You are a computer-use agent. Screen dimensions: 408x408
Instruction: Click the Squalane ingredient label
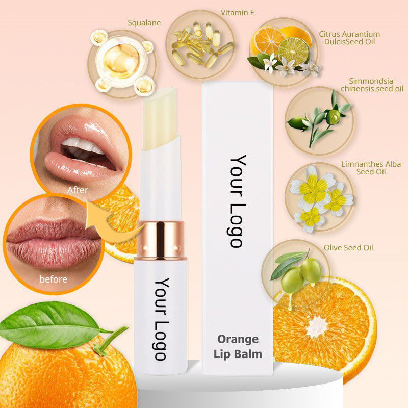pos(144,23)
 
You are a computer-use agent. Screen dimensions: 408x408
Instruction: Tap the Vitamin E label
pos(237,13)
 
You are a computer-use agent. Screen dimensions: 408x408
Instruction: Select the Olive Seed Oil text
pos(348,248)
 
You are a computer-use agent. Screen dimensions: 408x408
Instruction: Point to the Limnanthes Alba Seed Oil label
pos(371,168)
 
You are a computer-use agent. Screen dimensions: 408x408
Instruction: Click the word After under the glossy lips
pos(78,190)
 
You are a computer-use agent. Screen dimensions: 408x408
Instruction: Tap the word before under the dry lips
pos(54,279)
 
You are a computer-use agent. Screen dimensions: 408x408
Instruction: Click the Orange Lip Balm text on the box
pos(238,347)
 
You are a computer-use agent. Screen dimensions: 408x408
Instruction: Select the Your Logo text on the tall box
pos(238,201)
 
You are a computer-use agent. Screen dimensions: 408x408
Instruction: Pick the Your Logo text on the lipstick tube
pos(162,319)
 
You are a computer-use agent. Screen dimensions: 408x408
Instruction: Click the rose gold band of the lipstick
pos(161,240)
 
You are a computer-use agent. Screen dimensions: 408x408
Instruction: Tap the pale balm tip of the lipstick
pos(161,118)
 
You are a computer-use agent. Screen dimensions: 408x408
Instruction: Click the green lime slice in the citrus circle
pos(293,50)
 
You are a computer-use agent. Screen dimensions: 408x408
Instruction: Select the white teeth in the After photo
pos(83,145)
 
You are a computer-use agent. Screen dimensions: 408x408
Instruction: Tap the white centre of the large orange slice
pos(317,327)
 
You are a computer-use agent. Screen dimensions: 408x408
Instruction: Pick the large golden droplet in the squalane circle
pos(121,61)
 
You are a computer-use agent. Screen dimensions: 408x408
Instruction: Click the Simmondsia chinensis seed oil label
pos(372,85)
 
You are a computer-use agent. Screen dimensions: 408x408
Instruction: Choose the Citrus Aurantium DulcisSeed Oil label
pos(349,38)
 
